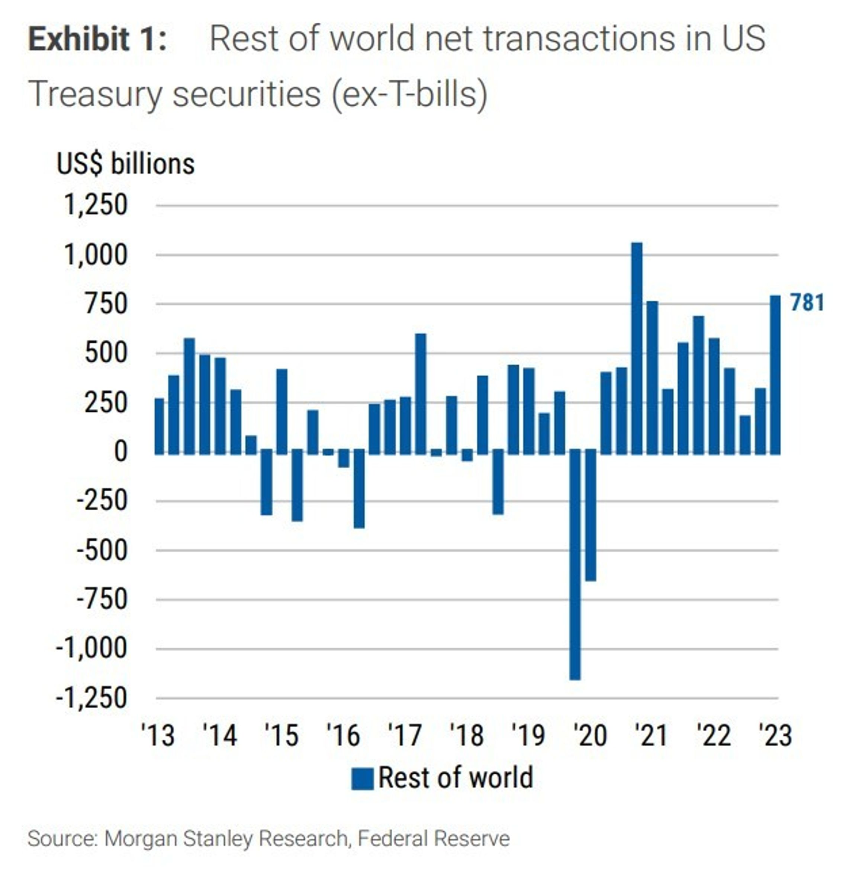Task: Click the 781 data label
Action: click(x=807, y=303)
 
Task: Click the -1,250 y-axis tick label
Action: click(x=91, y=699)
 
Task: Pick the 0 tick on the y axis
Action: click(x=120, y=452)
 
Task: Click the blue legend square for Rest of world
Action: click(x=362, y=778)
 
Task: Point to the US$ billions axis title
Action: click(x=126, y=164)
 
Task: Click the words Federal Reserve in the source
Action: click(x=434, y=838)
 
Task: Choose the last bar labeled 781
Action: click(x=775, y=375)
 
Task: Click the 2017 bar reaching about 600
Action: click(x=420, y=394)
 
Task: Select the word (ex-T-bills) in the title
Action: click(x=409, y=94)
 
